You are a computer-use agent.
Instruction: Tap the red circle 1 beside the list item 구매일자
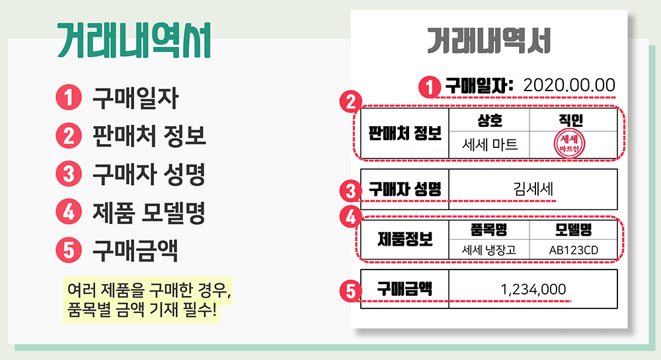tap(68, 98)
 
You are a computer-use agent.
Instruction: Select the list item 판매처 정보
tap(149, 137)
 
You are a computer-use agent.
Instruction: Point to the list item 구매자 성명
tap(149, 175)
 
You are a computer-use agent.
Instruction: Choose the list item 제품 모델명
tap(149, 213)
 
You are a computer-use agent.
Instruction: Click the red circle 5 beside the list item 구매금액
tap(68, 251)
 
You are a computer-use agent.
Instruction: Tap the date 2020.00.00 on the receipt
tap(568, 85)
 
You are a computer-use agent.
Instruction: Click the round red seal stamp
tap(569, 143)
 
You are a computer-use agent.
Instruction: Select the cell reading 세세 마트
tap(490, 145)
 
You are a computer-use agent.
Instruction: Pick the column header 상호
tap(490, 120)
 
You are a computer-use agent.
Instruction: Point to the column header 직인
tap(569, 120)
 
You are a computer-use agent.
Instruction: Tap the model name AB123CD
tap(572, 250)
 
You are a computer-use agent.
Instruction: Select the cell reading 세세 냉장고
tap(490, 250)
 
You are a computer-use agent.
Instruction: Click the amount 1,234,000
tap(533, 289)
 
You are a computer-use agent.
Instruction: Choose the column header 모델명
tap(572, 229)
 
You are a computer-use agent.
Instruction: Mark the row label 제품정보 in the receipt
tap(405, 238)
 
